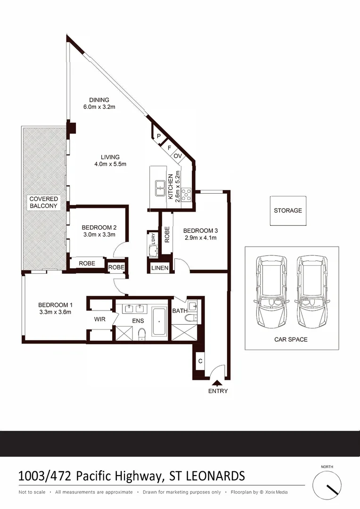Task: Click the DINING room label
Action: tap(99, 100)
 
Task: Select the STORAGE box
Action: tap(287, 210)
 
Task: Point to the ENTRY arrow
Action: tap(217, 383)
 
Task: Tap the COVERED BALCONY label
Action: tap(43, 202)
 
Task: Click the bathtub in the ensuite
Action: tap(159, 322)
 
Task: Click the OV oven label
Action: tap(178, 156)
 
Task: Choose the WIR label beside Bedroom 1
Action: tap(99, 319)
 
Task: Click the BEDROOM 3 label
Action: tap(200, 230)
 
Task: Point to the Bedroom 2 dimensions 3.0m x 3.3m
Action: tap(98, 235)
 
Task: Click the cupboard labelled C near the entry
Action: tap(200, 361)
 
